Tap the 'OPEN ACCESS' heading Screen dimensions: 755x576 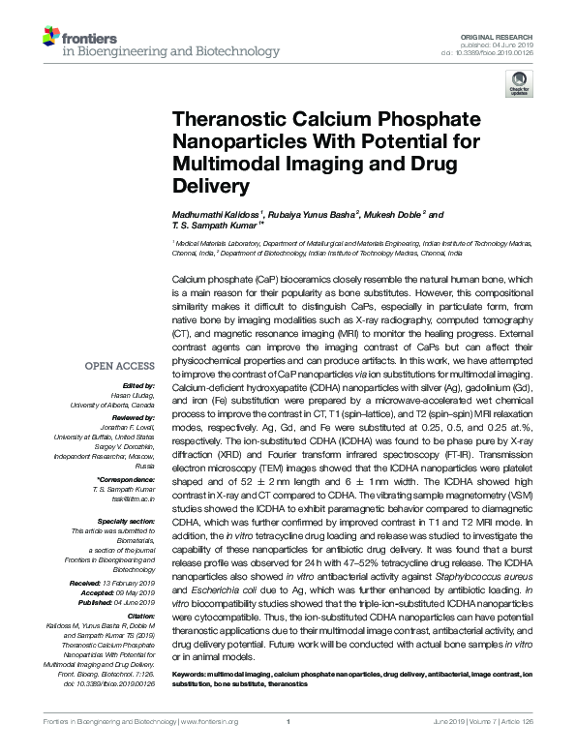click(x=120, y=366)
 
